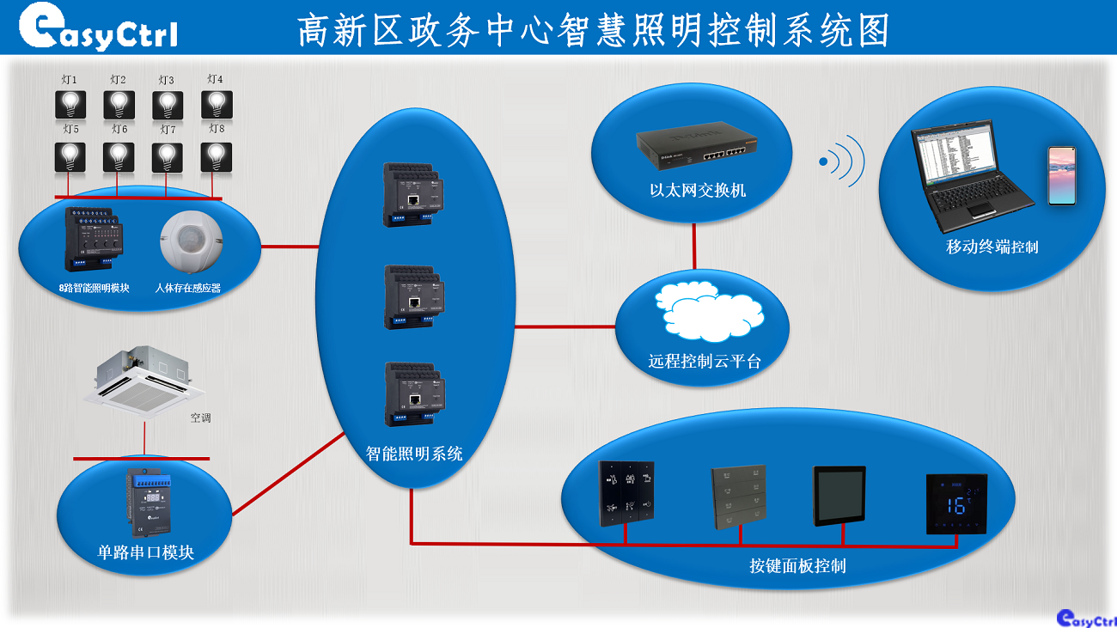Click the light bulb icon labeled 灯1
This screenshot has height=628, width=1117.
pos(70,105)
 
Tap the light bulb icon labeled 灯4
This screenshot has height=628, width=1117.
pos(217,105)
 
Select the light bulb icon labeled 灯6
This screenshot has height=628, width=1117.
pos(119,156)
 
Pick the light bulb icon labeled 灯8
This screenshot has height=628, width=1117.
pos(217,156)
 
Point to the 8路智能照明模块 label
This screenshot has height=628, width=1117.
pos(95,288)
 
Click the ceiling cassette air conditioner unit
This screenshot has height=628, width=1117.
pos(144,379)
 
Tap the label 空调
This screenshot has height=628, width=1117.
pos(200,418)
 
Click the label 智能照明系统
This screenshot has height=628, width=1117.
pos(414,454)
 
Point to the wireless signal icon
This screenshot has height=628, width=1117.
pos(841,161)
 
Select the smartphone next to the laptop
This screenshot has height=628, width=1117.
pos(1061,175)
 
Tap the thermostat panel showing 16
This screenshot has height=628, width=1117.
pos(956,503)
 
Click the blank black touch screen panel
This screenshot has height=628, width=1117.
pos(839,496)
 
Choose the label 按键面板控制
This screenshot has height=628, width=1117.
pos(797,566)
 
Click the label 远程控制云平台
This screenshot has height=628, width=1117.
pos(705,362)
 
